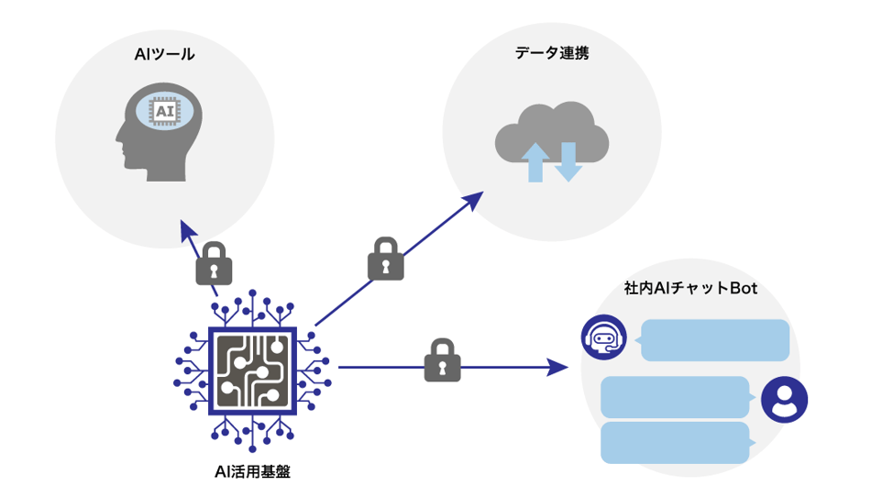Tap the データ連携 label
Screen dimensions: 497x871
pos(551,53)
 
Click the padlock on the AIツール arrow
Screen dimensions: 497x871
pos(214,263)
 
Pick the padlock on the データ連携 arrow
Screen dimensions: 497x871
pos(386,260)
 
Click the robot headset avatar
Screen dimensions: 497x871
pos(603,337)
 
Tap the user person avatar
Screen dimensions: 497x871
pos(784,399)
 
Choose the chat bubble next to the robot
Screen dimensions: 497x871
pos(715,340)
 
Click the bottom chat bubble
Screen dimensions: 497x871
pos(677,443)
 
